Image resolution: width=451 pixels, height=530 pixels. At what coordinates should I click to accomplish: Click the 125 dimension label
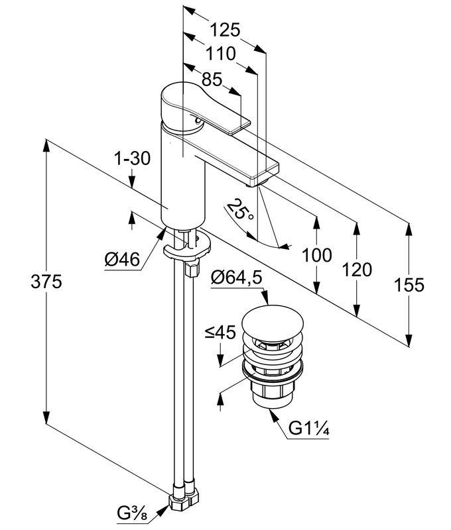(224, 30)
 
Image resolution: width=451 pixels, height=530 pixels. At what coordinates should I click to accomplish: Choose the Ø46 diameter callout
(122, 260)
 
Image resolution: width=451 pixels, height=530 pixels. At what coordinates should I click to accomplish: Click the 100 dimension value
(316, 255)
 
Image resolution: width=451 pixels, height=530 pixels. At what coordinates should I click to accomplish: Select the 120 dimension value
(357, 269)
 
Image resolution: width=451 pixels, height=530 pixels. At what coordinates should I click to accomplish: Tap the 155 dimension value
(409, 284)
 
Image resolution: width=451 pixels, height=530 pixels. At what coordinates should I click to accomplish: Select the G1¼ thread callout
(309, 430)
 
